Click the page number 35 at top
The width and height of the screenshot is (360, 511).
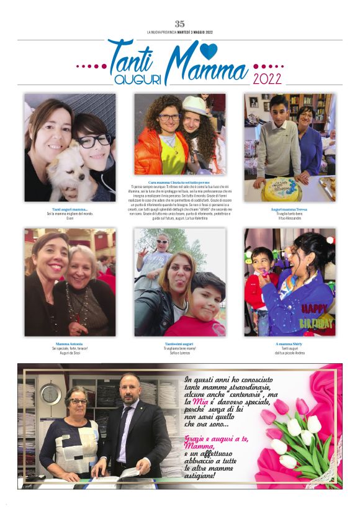[x=180, y=24]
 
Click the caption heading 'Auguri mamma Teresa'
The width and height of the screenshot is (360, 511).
[x=289, y=210]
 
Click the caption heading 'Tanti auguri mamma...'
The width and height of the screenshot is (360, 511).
[x=70, y=210]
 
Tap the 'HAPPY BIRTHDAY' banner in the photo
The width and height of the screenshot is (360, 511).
[x=317, y=314]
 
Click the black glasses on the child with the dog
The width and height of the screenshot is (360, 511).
[x=93, y=140]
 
